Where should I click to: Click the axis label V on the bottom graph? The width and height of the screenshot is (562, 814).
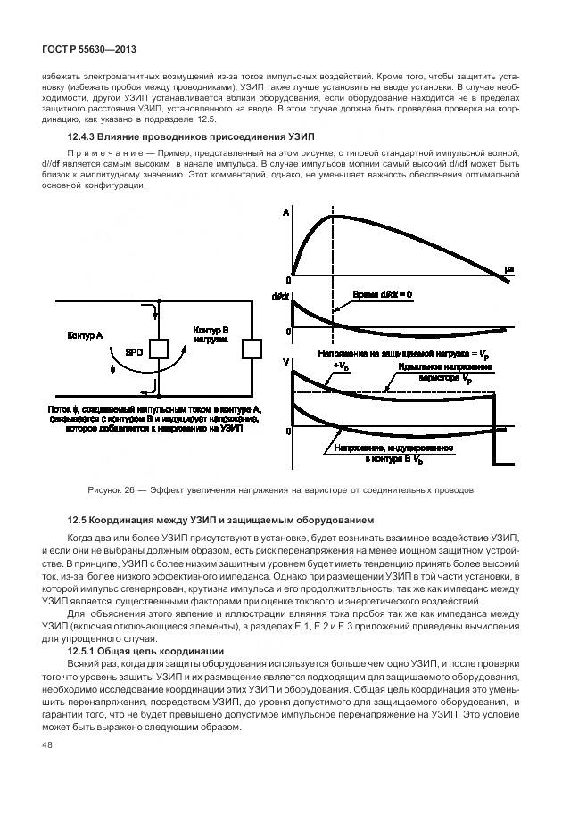point(285,361)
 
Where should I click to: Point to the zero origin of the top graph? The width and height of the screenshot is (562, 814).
point(287,278)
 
